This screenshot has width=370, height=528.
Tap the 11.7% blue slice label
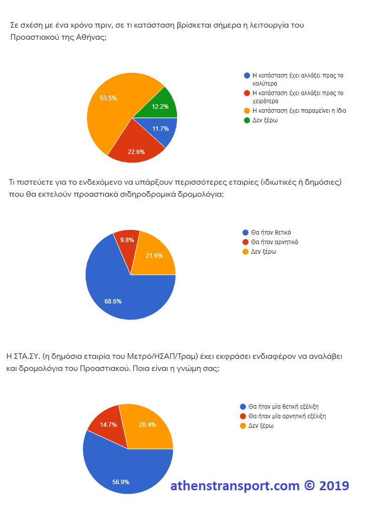tap(160, 129)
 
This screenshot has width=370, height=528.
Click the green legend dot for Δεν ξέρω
tap(246, 120)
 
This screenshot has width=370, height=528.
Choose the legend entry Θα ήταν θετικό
tap(271, 233)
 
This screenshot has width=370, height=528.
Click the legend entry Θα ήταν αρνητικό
tap(274, 242)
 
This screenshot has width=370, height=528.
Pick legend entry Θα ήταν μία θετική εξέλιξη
tap(285, 407)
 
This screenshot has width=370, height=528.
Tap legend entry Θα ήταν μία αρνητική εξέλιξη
tap(287, 416)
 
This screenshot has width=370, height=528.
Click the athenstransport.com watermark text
tap(235, 486)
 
